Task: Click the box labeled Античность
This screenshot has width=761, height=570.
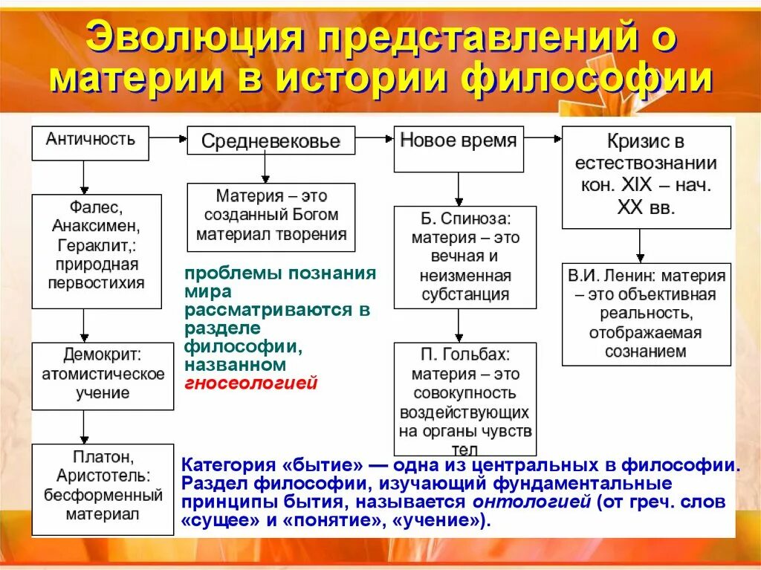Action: click(x=90, y=143)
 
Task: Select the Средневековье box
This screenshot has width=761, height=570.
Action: click(x=271, y=140)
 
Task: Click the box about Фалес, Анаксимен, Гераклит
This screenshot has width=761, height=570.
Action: click(x=96, y=251)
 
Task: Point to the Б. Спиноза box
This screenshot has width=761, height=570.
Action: click(x=465, y=256)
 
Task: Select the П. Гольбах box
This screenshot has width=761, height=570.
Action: click(x=465, y=398)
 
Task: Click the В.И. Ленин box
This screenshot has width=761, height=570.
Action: click(x=646, y=314)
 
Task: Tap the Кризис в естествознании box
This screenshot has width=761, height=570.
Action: click(x=646, y=176)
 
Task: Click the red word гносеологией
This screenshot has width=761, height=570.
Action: click(x=251, y=383)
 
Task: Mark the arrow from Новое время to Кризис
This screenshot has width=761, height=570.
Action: click(x=543, y=137)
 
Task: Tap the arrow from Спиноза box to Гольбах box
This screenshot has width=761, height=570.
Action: click(x=459, y=325)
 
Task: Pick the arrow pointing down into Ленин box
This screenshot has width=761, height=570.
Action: click(x=640, y=245)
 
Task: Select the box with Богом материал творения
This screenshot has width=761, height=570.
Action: click(x=271, y=216)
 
